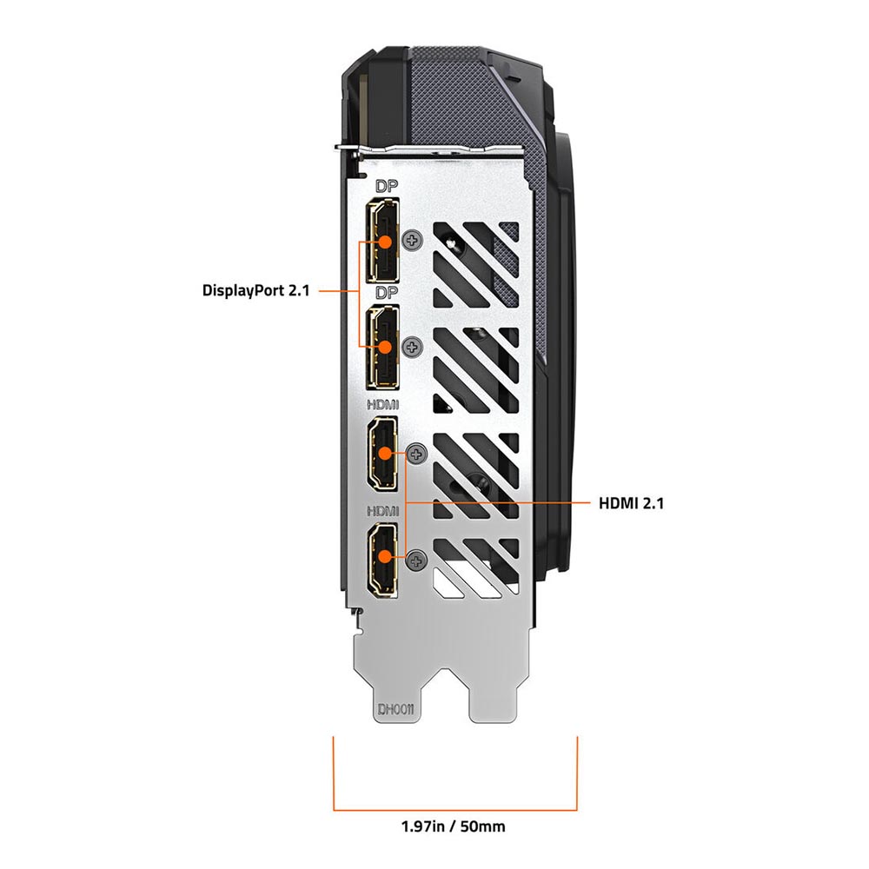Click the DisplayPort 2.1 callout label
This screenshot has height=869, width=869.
255,290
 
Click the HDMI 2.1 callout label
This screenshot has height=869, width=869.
631,503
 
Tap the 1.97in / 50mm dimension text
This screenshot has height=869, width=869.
454,827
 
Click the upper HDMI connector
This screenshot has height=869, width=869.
382,454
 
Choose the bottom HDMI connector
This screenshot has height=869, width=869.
382,560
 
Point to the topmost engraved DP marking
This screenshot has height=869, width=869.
387,186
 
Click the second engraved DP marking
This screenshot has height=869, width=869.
387,292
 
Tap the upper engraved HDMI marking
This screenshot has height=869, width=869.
382,405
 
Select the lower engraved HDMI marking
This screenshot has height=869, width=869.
382,511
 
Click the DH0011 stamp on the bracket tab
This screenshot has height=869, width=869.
396,709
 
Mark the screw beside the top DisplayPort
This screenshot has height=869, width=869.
412,241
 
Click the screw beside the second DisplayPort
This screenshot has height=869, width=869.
412,348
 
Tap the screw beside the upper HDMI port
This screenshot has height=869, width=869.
417,454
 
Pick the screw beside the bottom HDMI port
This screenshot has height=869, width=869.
417,560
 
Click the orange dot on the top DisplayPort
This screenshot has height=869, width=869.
385,242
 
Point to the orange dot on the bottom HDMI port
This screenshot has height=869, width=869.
385,554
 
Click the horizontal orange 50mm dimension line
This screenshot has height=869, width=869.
455,810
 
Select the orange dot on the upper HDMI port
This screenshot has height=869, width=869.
385,453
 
